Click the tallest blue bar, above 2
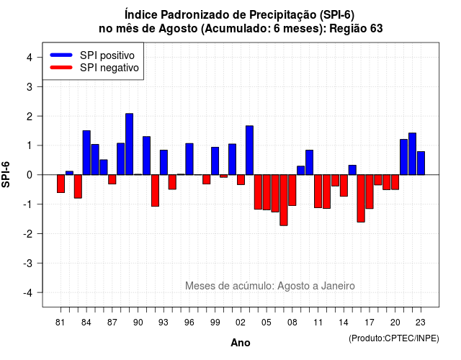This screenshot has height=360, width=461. (x=129, y=144)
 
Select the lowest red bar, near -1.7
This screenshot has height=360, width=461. (x=284, y=200)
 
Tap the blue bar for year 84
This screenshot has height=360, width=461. (x=86, y=153)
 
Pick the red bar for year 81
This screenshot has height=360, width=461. (x=61, y=184)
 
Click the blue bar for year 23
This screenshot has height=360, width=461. (x=421, y=163)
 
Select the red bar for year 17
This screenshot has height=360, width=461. (x=370, y=192)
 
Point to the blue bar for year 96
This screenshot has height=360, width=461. (x=189, y=159)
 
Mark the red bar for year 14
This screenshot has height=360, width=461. (x=344, y=186)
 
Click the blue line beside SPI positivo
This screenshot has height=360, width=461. (x=61, y=55)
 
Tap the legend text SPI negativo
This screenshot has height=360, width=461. (x=109, y=68)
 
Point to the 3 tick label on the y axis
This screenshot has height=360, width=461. (x=30, y=86)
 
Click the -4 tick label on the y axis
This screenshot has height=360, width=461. (x=28, y=292)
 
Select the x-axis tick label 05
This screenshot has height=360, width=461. (x=267, y=323)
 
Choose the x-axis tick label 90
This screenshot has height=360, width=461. (x=138, y=323)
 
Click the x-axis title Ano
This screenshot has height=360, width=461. (x=241, y=343)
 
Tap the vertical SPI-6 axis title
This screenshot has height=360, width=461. (x=6, y=174)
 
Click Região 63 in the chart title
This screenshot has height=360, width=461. (x=356, y=29)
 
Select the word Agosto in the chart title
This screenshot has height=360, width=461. (x=178, y=29)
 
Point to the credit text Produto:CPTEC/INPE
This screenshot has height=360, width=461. (x=394, y=338)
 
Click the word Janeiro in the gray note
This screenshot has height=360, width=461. (x=338, y=286)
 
